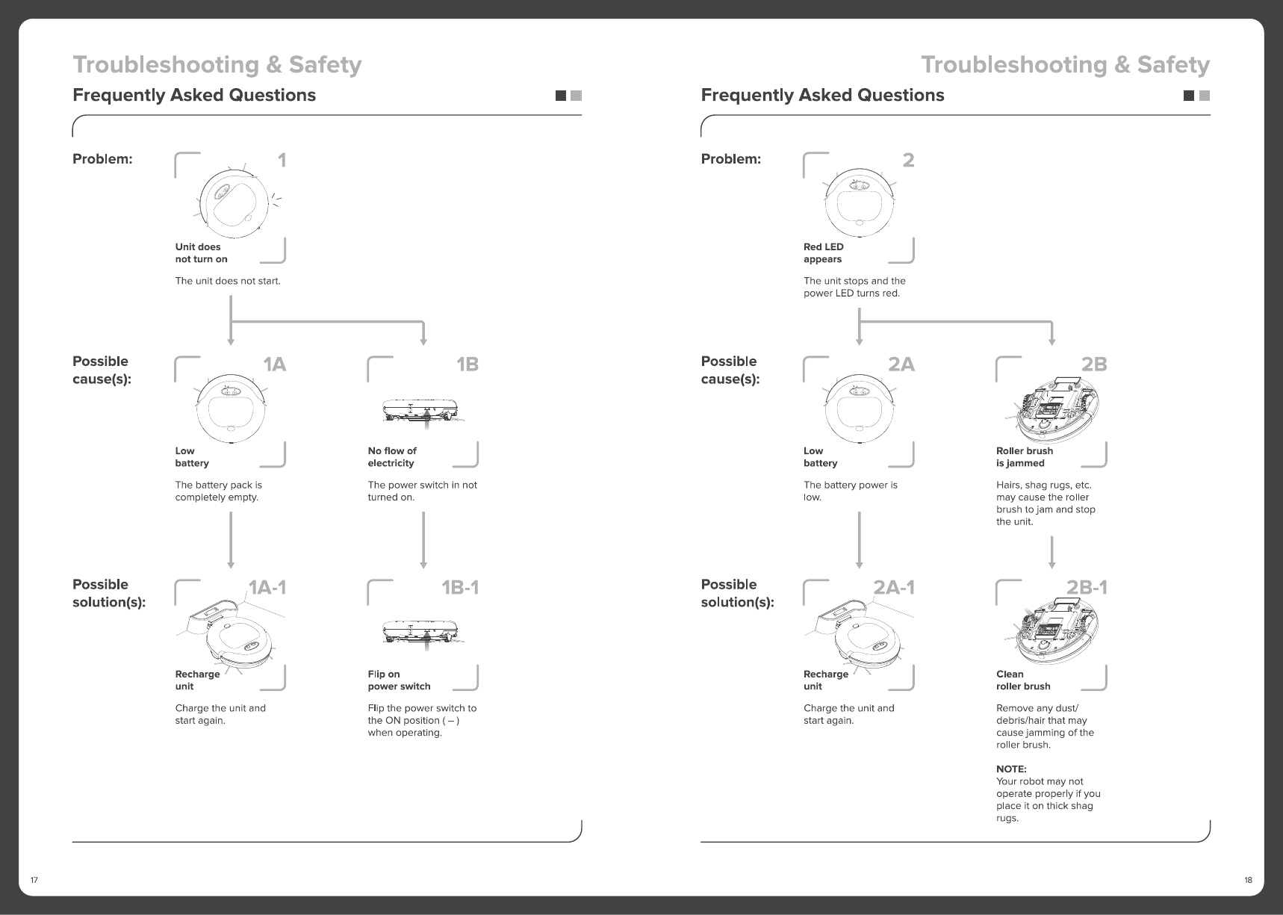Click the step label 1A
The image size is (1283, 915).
click(274, 365)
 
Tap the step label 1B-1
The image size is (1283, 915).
click(459, 588)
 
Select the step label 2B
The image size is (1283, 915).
click(1094, 365)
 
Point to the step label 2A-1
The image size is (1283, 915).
click(894, 588)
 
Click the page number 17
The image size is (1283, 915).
click(34, 880)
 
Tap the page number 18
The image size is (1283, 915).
click(1248, 880)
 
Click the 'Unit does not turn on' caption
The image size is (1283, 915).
click(201, 253)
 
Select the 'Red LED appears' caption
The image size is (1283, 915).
click(823, 253)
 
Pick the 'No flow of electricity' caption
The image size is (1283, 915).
click(392, 457)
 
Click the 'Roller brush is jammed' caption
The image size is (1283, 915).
click(1024, 457)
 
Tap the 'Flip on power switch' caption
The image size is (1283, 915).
click(399, 680)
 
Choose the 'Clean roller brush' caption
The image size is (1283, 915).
click(1022, 680)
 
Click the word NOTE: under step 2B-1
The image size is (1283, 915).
click(1011, 769)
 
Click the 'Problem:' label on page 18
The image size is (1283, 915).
click(730, 159)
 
